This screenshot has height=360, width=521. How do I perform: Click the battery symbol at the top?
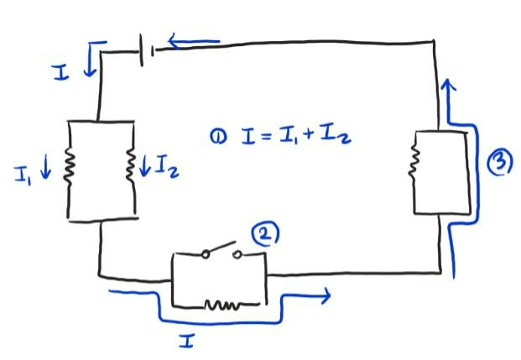coord(148,52)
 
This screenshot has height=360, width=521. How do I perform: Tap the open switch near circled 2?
coord(220,252)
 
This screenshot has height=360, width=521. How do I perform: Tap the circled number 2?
coord(266,235)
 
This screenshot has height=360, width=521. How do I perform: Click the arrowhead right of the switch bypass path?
coord(322,295)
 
